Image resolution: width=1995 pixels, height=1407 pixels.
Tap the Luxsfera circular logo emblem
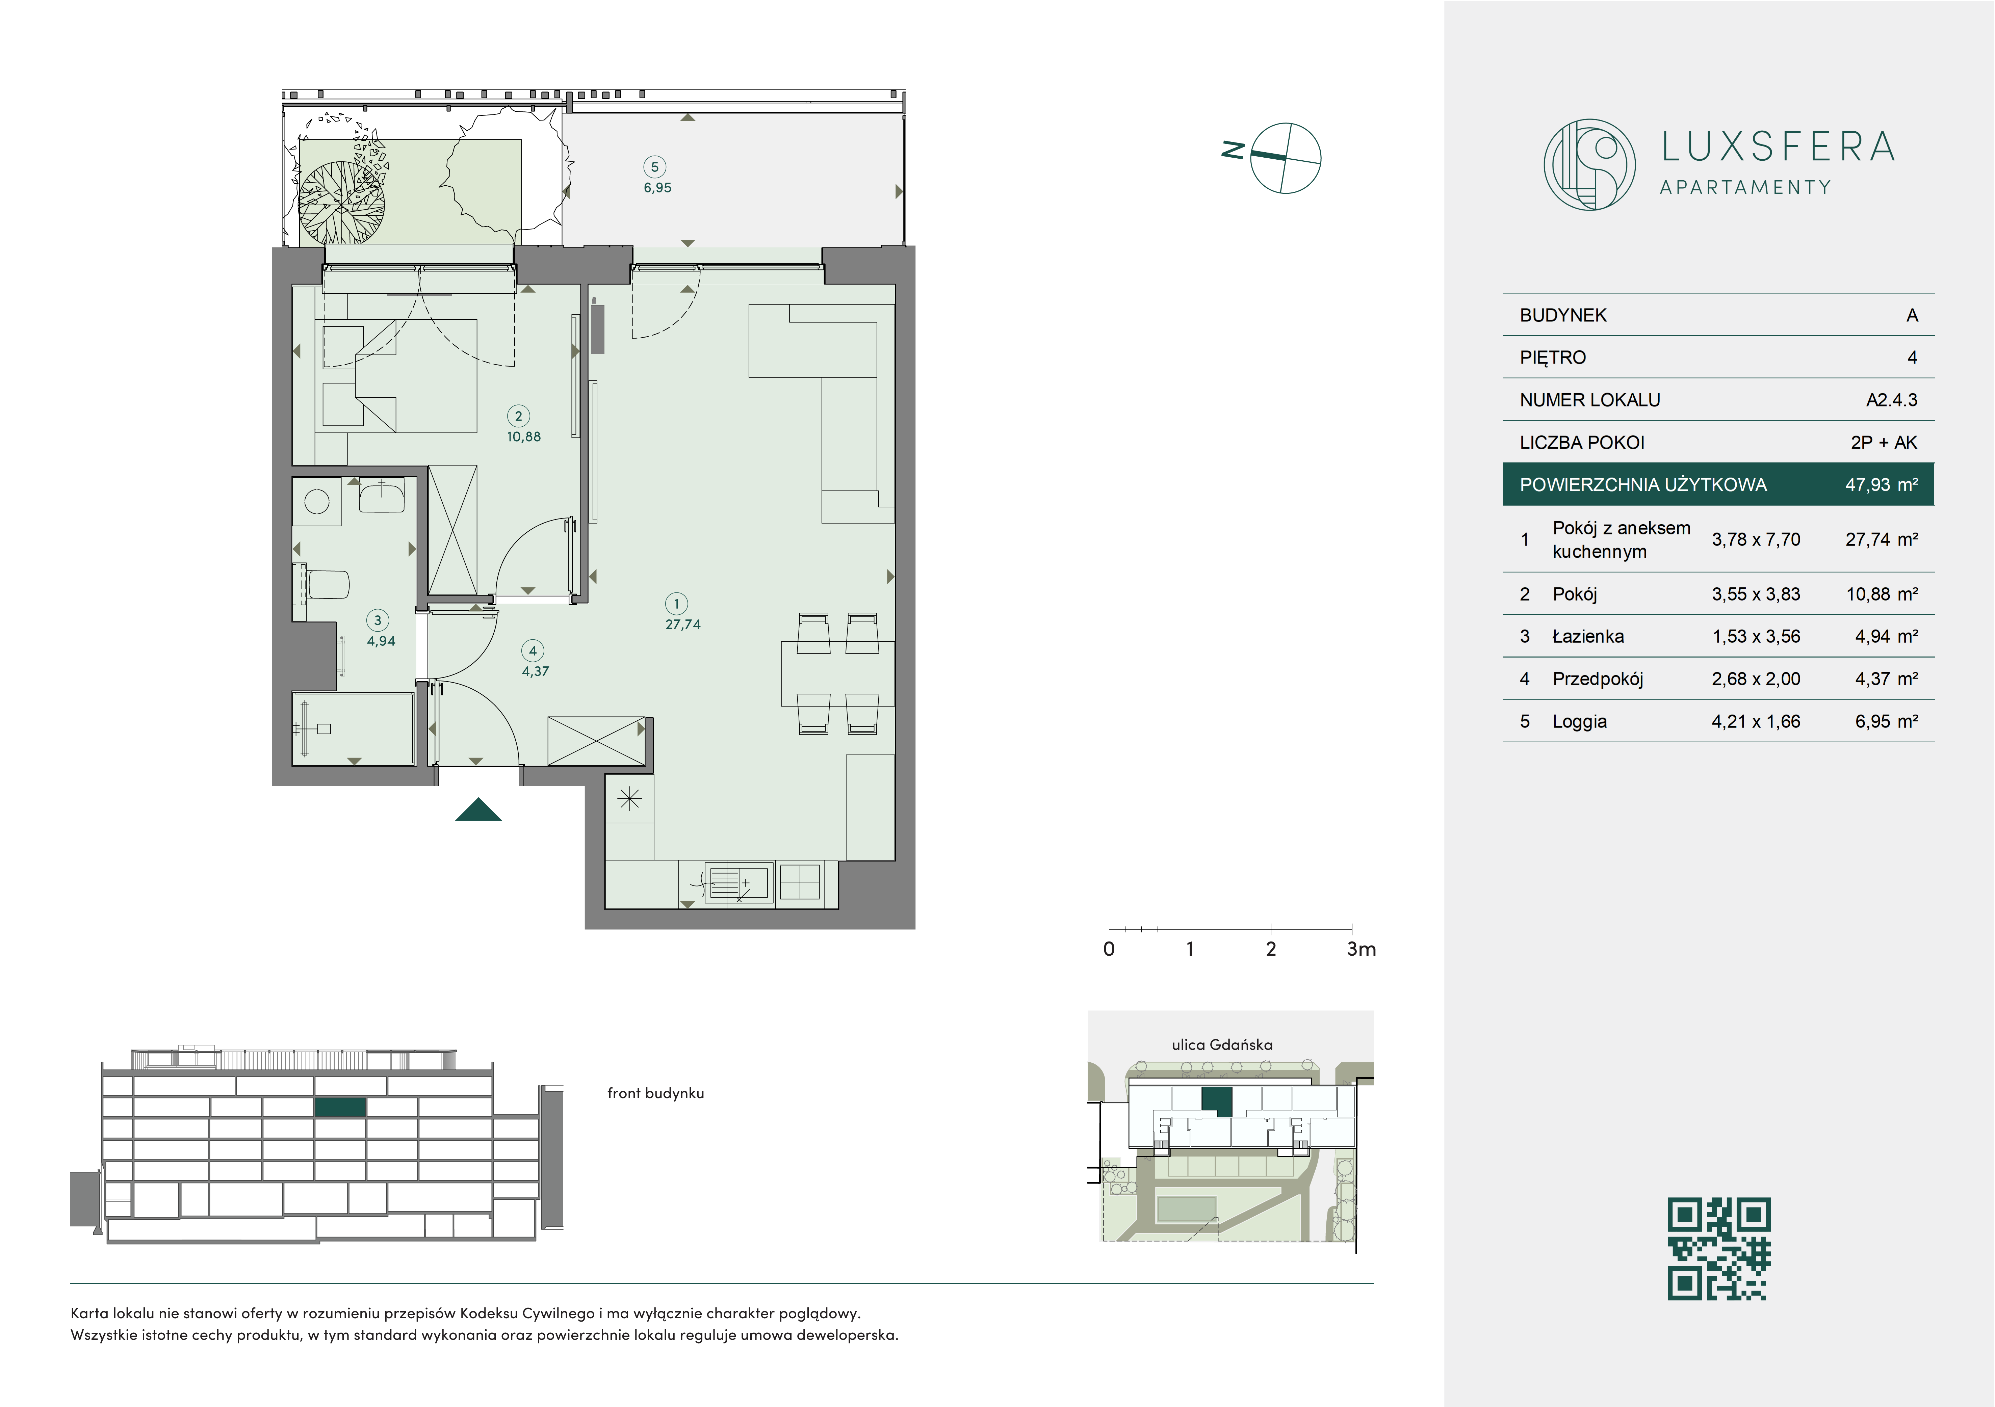1589,164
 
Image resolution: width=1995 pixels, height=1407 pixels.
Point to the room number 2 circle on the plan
519,416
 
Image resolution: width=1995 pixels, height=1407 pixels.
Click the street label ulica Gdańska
1222,1045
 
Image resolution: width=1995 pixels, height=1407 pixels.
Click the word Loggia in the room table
1580,722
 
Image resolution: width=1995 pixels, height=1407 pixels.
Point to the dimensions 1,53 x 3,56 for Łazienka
1756,637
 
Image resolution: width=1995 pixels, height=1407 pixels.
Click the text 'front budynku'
655,1093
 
